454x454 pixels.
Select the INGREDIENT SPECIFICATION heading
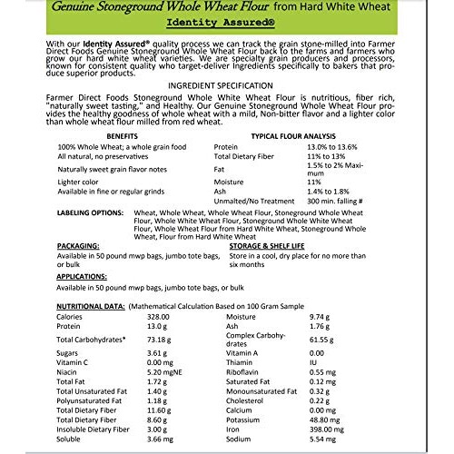227,83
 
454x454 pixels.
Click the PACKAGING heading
78,245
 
